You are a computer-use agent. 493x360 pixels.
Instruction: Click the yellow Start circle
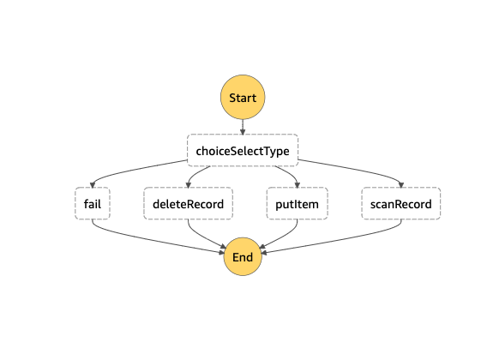click(243, 97)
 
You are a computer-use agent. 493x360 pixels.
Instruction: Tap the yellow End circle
click(243, 256)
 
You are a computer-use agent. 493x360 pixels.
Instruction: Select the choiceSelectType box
click(243, 150)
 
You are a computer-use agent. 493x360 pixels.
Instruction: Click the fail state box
click(93, 203)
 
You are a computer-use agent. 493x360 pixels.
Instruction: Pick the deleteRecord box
click(188, 203)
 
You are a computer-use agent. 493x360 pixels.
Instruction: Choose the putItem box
click(298, 203)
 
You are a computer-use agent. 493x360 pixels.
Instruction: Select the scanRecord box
click(401, 203)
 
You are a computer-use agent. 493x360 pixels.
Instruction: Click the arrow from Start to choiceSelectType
click(243, 127)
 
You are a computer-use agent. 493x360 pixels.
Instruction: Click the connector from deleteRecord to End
click(201, 236)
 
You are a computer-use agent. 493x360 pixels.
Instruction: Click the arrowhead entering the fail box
click(93, 185)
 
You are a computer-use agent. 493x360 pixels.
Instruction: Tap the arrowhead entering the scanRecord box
click(401, 185)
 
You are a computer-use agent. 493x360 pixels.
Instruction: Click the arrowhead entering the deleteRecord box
click(188, 185)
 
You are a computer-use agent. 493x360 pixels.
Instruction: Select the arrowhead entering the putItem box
click(298, 185)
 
